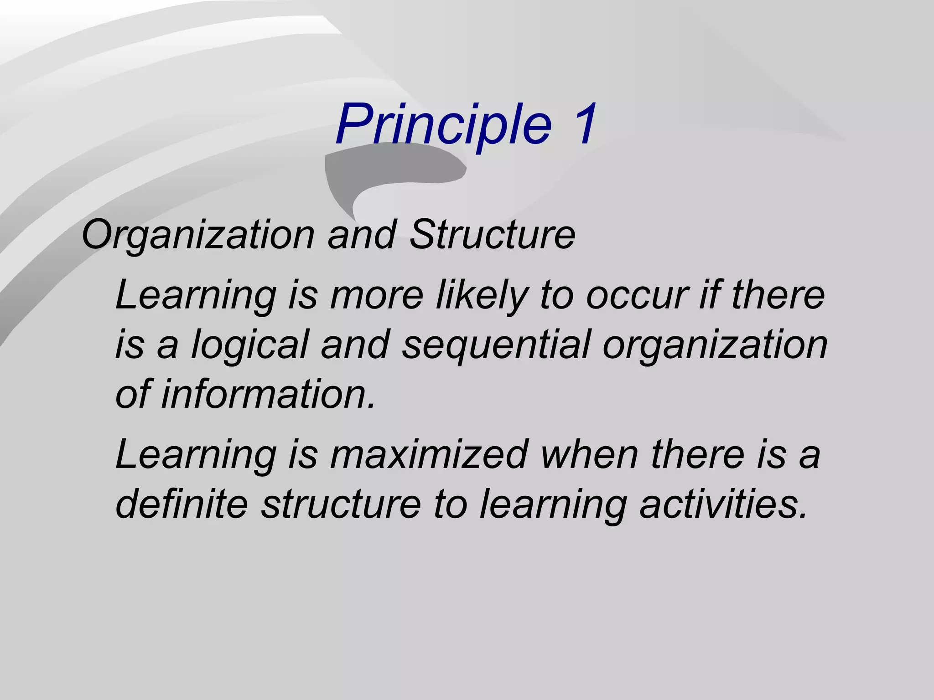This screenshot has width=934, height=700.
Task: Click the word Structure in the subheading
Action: point(492,235)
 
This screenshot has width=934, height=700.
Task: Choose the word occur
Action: point(637,295)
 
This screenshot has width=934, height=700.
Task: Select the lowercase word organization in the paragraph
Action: point(715,345)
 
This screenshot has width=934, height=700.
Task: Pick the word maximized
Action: point(429,454)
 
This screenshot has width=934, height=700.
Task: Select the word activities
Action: point(723,504)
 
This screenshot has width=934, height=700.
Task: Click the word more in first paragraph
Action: point(377,295)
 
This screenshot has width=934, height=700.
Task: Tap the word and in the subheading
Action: point(362,235)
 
